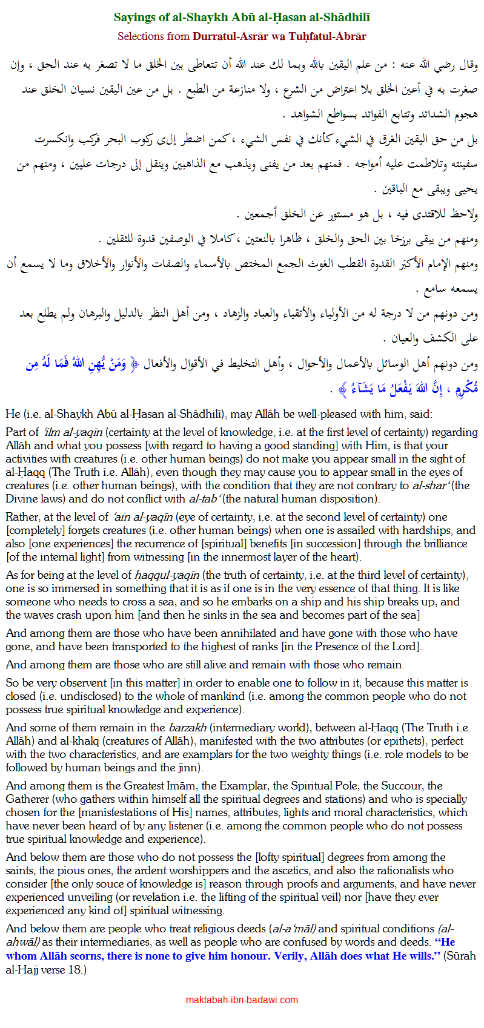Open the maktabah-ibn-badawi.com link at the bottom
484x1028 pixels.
(242, 1000)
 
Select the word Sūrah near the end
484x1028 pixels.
(459, 957)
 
